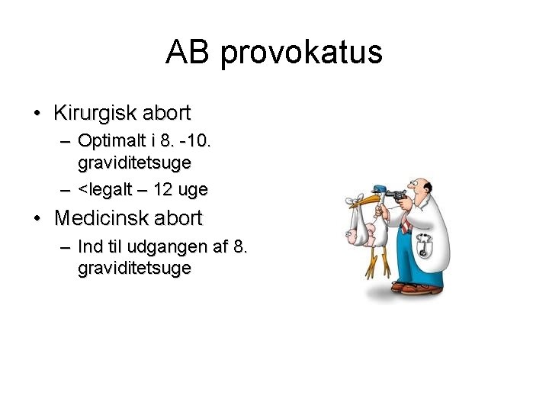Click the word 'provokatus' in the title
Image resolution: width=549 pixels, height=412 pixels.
301,53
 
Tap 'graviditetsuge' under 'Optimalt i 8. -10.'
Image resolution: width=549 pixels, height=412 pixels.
134,163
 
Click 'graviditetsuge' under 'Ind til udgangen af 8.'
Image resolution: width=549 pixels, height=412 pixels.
134,269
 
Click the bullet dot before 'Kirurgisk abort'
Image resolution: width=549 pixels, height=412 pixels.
37,114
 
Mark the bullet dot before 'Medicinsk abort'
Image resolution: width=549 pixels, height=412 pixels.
37,219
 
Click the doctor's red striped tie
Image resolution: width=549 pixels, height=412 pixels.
406,226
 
